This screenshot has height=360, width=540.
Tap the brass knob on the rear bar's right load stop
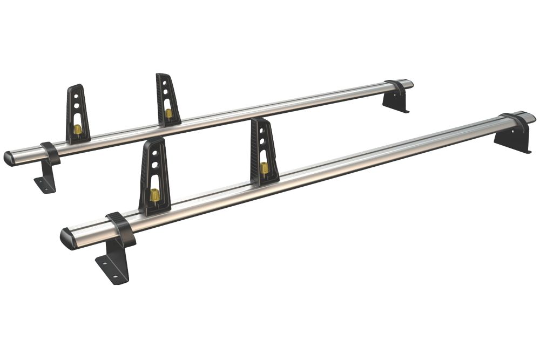click(168, 113)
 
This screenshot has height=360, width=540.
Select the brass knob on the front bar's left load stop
click(154, 195)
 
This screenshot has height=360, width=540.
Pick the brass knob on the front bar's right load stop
click(265, 168)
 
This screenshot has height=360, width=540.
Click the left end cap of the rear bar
click(9, 158)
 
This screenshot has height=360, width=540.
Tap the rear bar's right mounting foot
click(396, 102)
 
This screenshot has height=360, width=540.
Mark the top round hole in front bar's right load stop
click(261, 131)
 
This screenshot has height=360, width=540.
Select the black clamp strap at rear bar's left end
click(50, 153)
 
